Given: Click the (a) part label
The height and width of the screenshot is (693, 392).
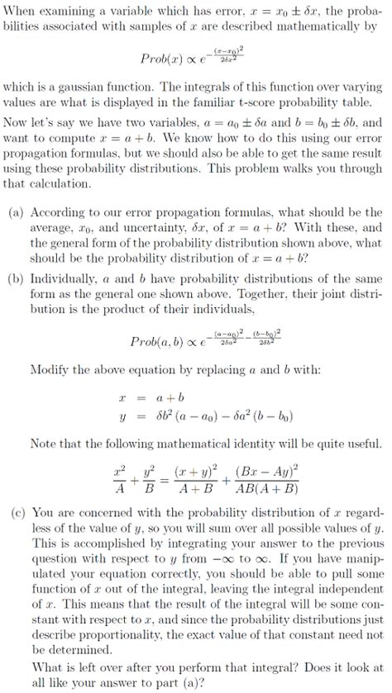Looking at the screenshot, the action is pyautogui.click(x=16, y=212).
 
